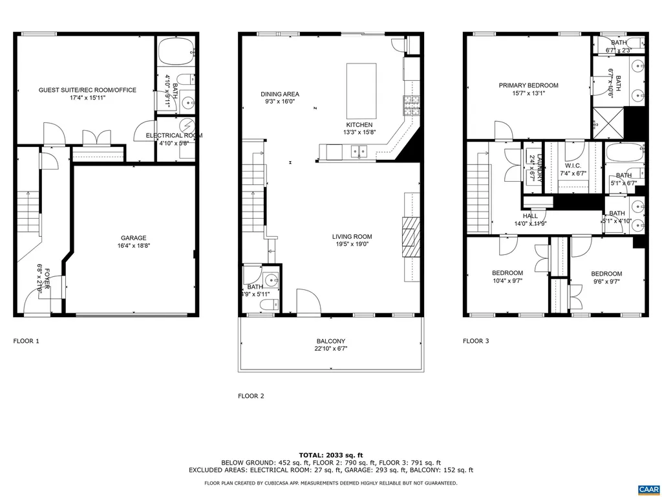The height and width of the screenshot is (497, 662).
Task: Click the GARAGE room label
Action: [x=133, y=237]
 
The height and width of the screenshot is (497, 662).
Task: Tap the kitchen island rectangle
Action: [x=361, y=88]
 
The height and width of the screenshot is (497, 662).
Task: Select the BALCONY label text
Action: [x=330, y=341]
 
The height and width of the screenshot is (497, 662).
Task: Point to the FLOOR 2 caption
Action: [x=251, y=396]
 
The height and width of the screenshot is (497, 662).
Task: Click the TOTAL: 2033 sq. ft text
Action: [x=331, y=454]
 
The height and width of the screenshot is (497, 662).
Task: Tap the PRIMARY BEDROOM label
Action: [x=528, y=85]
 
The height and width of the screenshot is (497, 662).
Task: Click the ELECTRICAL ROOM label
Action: [x=174, y=135]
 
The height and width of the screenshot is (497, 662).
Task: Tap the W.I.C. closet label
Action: [x=573, y=165]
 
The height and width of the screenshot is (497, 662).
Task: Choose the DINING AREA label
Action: [x=280, y=94]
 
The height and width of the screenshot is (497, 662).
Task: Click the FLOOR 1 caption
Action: [x=27, y=340]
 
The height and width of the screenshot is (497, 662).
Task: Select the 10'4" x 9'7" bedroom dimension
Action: [x=507, y=282]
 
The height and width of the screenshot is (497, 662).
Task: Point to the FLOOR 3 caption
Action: [x=476, y=340]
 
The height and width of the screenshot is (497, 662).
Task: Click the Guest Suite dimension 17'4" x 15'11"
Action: [x=87, y=99]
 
